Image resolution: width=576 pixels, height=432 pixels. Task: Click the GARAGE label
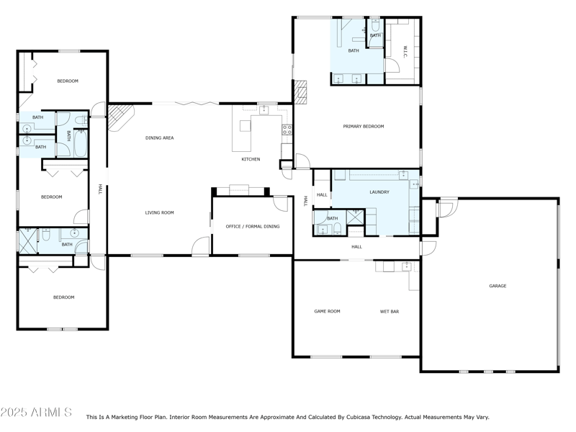[x=498, y=286]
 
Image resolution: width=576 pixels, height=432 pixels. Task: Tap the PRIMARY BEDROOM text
[x=363, y=127]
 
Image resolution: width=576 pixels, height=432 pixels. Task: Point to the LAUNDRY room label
[x=379, y=192]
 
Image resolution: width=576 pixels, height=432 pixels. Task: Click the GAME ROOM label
[x=327, y=312]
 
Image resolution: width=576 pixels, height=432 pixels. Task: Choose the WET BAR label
[x=390, y=312]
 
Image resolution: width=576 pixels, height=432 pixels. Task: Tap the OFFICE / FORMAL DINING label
[x=252, y=227]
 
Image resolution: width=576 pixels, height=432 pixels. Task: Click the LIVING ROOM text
[x=159, y=212]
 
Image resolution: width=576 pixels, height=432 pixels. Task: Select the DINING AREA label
[x=159, y=138]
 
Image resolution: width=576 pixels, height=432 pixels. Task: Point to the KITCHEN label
[x=251, y=159]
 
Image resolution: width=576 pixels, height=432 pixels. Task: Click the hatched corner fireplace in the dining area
[x=120, y=117]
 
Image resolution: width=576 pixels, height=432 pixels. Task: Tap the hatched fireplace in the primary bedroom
[x=300, y=91]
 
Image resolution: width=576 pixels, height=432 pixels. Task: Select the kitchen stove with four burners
[x=287, y=130]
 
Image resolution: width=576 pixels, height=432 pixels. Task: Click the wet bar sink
[x=406, y=266]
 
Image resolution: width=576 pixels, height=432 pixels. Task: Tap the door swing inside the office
[x=277, y=203]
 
